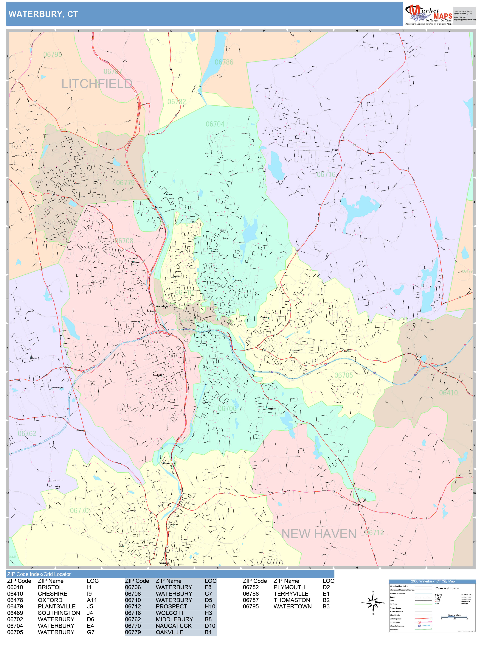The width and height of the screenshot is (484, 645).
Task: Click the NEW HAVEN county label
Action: [319, 534]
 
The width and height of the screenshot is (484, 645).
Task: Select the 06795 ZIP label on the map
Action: [52, 54]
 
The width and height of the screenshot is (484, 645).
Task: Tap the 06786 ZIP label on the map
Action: [224, 62]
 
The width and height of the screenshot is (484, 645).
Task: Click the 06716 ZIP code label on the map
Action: [326, 174]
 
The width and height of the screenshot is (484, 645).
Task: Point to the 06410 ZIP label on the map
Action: [448, 393]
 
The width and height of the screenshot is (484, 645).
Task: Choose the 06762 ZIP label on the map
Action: [27, 434]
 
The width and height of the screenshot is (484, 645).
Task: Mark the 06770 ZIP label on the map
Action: [79, 511]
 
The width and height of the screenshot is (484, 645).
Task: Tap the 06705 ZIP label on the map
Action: [343, 375]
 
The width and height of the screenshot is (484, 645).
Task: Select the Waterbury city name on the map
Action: [162, 306]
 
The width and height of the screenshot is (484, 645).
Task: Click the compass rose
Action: [373, 602]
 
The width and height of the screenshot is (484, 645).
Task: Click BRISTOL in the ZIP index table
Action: [50, 587]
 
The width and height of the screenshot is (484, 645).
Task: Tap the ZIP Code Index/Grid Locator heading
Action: [39, 574]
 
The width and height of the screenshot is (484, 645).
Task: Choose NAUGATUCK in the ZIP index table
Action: [174, 626]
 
